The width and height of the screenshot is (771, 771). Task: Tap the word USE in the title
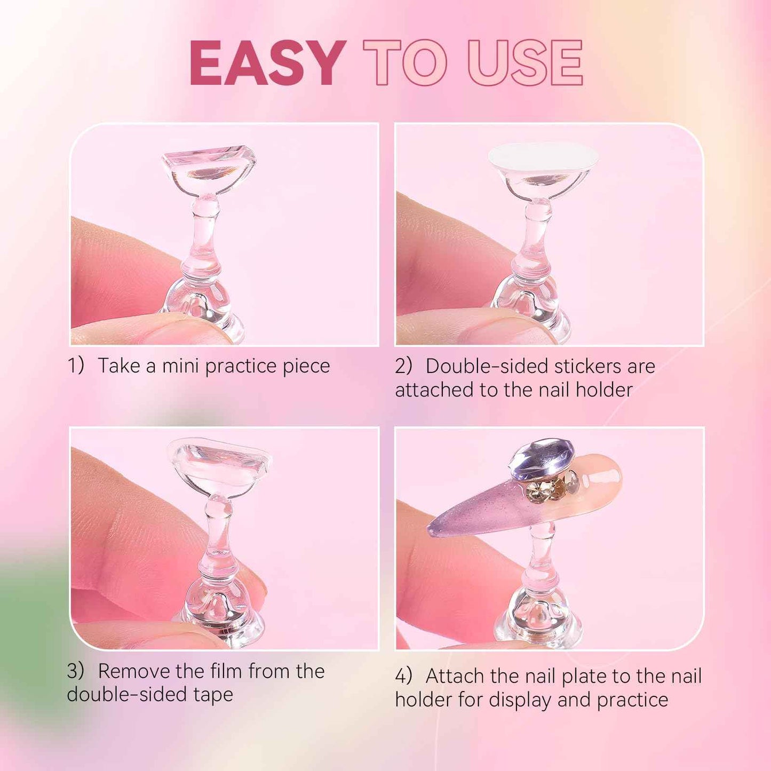(x=525, y=63)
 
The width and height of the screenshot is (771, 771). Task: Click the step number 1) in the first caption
(x=76, y=366)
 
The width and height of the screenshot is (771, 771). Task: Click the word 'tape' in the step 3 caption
(x=213, y=695)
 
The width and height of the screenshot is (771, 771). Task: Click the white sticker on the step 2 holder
(x=543, y=156)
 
